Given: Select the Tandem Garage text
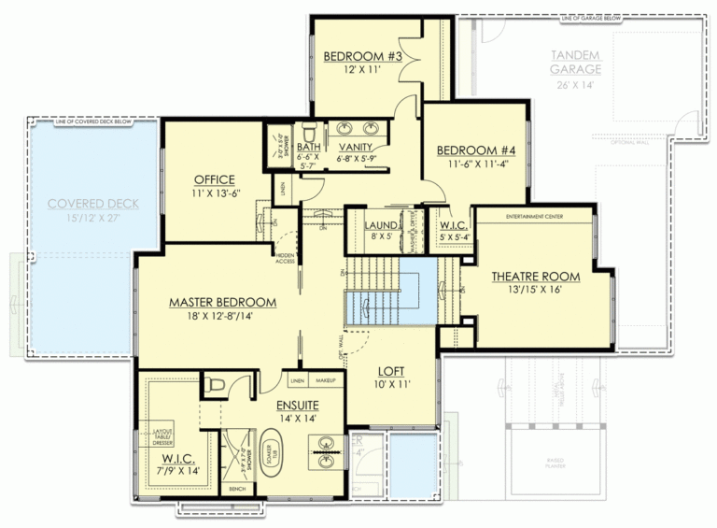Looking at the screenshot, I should click(x=576, y=63).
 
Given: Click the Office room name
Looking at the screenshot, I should click(x=214, y=179).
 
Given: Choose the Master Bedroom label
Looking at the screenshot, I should click(x=222, y=303).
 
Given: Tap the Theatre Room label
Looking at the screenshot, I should click(x=535, y=277).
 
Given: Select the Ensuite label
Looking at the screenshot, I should click(x=297, y=405).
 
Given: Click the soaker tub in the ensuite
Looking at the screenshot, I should click(x=273, y=458).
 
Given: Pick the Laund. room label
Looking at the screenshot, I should click(x=382, y=225).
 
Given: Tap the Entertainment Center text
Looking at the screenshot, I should click(x=536, y=216).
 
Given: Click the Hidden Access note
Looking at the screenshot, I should click(x=284, y=257).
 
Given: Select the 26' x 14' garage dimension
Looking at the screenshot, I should click(x=576, y=85).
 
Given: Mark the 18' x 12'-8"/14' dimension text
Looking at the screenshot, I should click(x=222, y=318).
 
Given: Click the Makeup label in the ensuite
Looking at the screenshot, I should click(x=325, y=382).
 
